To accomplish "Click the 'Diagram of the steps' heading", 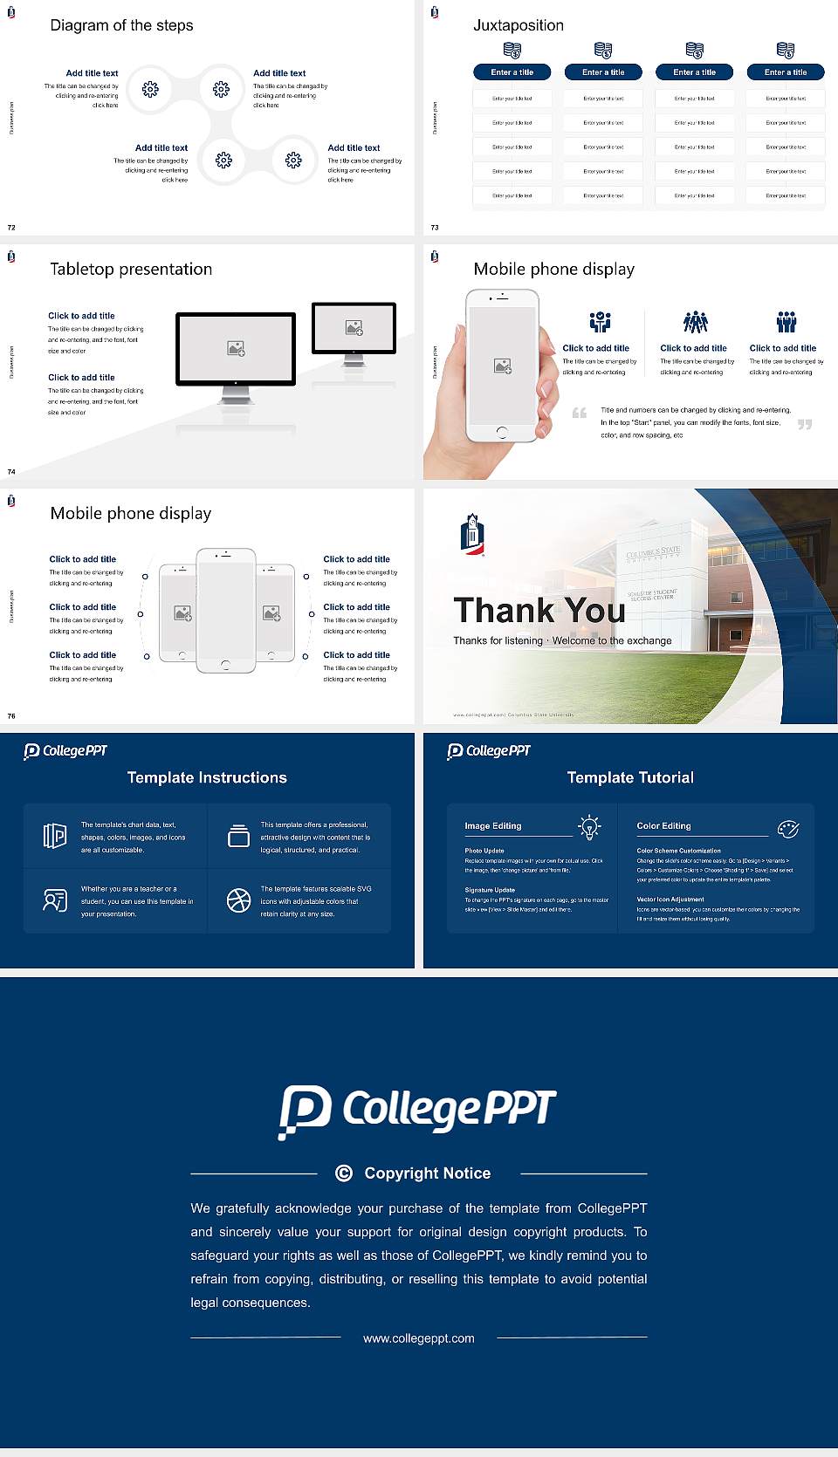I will [x=121, y=25].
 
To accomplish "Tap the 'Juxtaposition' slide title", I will [x=518, y=25].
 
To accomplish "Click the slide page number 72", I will [x=11, y=227].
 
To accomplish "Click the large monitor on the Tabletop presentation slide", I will [x=236, y=348].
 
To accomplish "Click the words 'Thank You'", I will [x=539, y=610].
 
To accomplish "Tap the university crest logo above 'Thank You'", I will [x=472, y=534].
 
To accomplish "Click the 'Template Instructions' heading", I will [x=207, y=777].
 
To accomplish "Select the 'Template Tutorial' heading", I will [x=630, y=777].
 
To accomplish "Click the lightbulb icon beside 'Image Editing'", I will [x=589, y=827].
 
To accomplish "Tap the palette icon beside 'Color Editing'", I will [x=788, y=828].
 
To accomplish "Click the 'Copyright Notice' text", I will [x=427, y=1173].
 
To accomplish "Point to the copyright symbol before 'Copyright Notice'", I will [x=344, y=1173].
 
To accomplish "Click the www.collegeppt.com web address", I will [x=419, y=1338].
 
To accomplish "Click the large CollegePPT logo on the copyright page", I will [x=417, y=1110].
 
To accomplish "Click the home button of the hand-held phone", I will [x=501, y=432].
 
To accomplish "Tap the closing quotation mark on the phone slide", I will [x=805, y=425].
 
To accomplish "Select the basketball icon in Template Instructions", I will [x=238, y=900].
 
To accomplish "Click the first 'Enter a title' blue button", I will [x=512, y=72].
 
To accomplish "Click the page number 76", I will [x=11, y=715].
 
